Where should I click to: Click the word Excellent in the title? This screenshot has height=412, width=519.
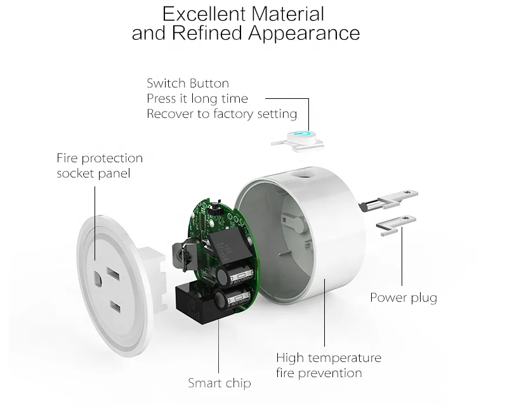(x=204, y=13)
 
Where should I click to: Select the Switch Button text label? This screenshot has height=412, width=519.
(x=188, y=83)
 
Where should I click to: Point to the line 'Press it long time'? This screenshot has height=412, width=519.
(x=197, y=98)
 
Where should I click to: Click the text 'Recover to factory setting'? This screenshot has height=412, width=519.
(x=222, y=114)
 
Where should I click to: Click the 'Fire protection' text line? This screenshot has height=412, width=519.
(x=100, y=158)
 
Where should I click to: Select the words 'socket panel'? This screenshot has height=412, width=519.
(x=93, y=173)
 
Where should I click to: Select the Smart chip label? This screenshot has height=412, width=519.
(x=220, y=383)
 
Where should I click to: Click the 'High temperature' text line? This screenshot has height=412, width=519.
(x=329, y=357)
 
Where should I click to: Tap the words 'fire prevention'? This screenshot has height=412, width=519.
(x=319, y=373)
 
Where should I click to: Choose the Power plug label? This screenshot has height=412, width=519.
(x=404, y=297)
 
